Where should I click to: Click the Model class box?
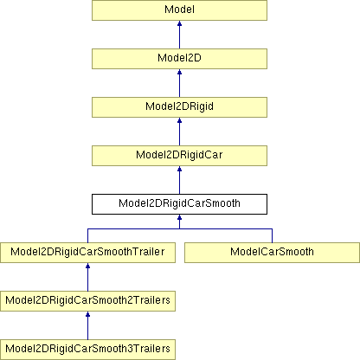point(179,10)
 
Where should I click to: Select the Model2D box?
point(179,59)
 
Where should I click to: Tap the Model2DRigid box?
point(179,107)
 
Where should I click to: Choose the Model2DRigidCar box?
point(179,156)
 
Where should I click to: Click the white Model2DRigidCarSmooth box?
point(179,204)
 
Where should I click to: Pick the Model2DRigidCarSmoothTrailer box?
point(87,253)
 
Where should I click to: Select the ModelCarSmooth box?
point(272,253)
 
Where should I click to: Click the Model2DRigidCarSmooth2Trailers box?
point(87,301)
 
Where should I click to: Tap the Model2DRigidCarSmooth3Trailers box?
point(87,350)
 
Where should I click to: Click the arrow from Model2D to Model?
point(179,35)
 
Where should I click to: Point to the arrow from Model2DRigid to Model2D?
point(179,83)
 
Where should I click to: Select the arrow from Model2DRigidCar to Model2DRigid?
point(179,132)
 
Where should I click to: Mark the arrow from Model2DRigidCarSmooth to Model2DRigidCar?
point(179,180)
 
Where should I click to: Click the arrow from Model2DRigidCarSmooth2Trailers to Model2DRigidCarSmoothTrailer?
point(87,277)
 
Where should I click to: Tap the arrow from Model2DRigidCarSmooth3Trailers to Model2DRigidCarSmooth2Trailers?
point(87,325)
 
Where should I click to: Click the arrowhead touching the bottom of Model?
point(179,23)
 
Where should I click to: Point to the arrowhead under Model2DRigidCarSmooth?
point(179,217)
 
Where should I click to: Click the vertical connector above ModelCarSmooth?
point(272,235)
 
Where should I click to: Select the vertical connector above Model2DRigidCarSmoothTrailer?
point(87,235)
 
